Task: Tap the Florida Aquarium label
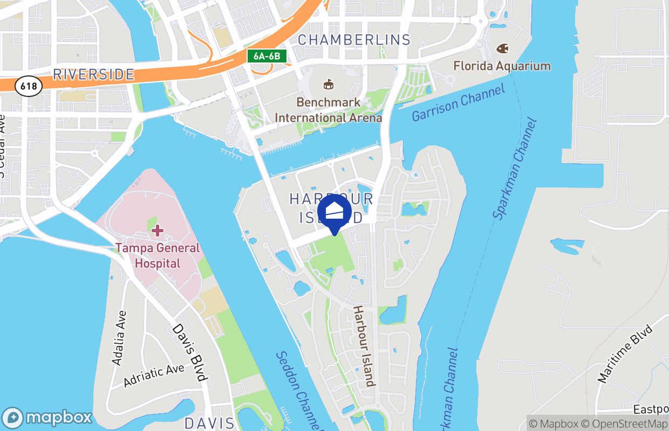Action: [x=502, y=66]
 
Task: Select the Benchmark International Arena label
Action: [x=328, y=110]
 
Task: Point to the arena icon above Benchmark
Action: [x=327, y=84]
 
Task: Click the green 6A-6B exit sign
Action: [x=267, y=55]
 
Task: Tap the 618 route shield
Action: [x=29, y=86]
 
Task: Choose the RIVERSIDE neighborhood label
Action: [x=93, y=74]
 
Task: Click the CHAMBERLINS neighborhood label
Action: [x=354, y=40]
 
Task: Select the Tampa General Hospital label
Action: [x=157, y=256]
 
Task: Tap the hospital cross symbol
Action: [x=157, y=231]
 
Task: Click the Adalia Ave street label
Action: [x=119, y=338]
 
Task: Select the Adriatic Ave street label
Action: [x=154, y=376]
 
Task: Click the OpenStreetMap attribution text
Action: [x=631, y=424]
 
